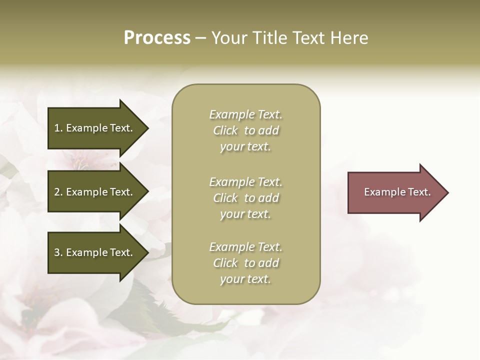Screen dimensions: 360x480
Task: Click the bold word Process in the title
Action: point(157,38)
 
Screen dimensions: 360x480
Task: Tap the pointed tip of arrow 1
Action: point(147,128)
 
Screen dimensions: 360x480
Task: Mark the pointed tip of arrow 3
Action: point(147,252)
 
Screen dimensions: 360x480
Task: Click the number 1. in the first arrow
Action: point(58,128)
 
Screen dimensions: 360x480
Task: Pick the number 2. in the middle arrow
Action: point(58,192)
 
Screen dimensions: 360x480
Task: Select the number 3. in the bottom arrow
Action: point(58,252)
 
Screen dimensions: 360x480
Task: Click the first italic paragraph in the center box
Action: point(245,130)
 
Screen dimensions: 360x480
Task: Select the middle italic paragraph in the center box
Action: point(245,198)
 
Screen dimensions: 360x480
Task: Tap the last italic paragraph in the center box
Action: point(245,263)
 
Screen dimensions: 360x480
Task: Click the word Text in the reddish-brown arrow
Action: point(419,192)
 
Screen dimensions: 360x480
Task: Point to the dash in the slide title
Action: point(200,38)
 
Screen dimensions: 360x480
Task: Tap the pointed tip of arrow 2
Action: point(147,192)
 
